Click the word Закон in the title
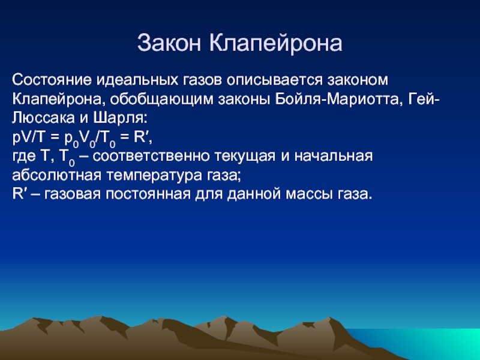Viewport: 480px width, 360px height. tap(169, 43)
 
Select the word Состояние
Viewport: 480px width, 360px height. tap(52, 80)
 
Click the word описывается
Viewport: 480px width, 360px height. tap(275, 80)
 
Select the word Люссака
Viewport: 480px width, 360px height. tap(43, 118)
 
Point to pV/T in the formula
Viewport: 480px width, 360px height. tap(29, 137)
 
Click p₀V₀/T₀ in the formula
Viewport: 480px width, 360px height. tap(89, 139)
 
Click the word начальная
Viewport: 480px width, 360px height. tap(334, 156)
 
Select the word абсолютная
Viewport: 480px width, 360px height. tap(56, 175)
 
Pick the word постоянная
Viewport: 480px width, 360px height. tap(148, 194)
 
